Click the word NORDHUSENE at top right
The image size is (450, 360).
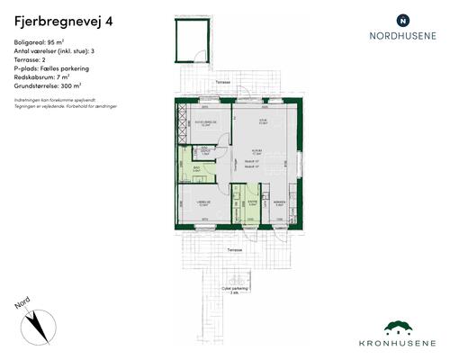pos(402,37)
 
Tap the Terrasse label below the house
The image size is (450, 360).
pos(234,249)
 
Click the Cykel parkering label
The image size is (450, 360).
pos(235,289)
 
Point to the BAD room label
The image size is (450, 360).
pos(196,166)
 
